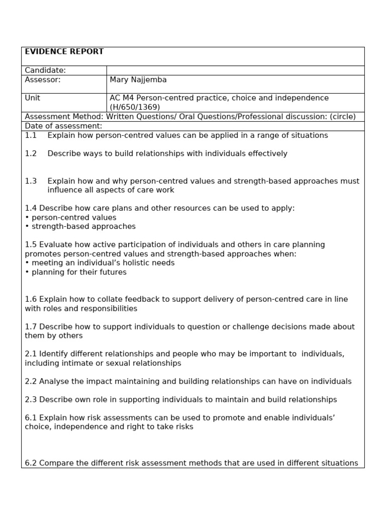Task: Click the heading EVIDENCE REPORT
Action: click(64, 52)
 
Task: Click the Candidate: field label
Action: click(45, 70)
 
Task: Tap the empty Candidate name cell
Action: click(235, 70)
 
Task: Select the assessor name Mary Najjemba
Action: click(138, 80)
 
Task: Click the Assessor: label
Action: click(43, 80)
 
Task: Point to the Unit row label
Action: click(32, 98)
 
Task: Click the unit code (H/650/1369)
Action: click(135, 107)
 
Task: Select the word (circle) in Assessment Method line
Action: click(342, 117)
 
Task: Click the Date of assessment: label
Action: click(63, 126)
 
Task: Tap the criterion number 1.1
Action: click(31, 136)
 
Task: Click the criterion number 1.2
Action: click(31, 154)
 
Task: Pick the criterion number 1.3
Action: click(31, 181)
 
